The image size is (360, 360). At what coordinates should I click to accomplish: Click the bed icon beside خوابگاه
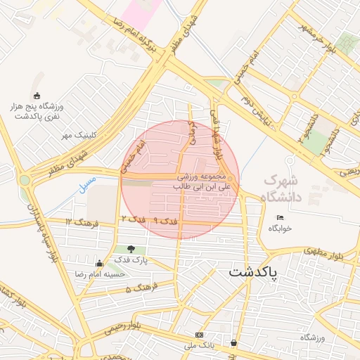pos(281,217)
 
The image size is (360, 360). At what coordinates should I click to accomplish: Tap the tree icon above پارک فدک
pos(131,248)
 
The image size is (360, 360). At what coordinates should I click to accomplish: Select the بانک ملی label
pos(200,346)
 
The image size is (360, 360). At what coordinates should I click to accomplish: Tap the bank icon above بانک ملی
pos(200,335)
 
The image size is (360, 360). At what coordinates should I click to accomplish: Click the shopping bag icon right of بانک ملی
pos(233,343)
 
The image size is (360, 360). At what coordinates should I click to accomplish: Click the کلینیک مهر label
pos(77,134)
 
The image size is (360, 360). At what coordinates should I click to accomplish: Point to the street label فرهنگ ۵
pos(138,289)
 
